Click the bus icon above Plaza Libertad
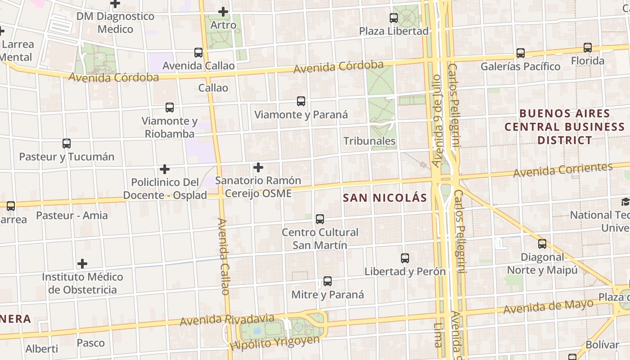pyautogui.click(x=394, y=18)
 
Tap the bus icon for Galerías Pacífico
pyautogui.click(x=521, y=53)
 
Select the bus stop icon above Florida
pyautogui.click(x=588, y=48)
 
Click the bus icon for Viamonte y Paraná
pyautogui.click(x=301, y=101)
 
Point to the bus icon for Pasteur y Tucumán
pyautogui.click(x=67, y=144)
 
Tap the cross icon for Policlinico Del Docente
pyautogui.click(x=165, y=169)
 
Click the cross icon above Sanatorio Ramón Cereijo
pyautogui.click(x=258, y=167)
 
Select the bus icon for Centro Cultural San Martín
pyautogui.click(x=320, y=219)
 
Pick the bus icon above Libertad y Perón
pyautogui.click(x=405, y=258)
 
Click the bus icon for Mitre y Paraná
pyautogui.click(x=328, y=281)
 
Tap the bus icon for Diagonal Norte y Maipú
pyautogui.click(x=542, y=244)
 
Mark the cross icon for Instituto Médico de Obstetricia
pyautogui.click(x=82, y=263)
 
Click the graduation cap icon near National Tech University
pyautogui.click(x=625, y=202)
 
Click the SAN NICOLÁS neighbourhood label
pyautogui.click(x=385, y=198)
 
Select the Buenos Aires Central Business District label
pyautogui.click(x=564, y=126)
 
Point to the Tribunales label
pyautogui.click(x=369, y=141)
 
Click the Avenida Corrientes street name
pyautogui.click(x=563, y=170)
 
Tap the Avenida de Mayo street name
pyautogui.click(x=548, y=307)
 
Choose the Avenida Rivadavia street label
pyautogui.click(x=227, y=320)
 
